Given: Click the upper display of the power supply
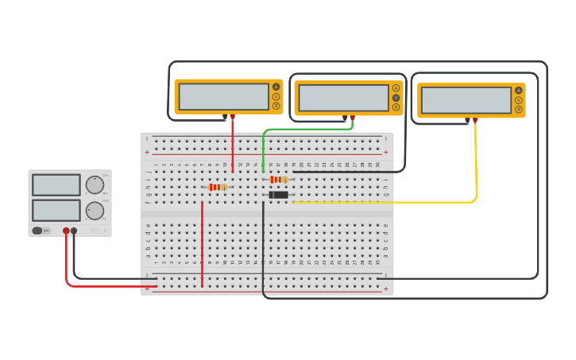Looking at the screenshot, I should [56, 185].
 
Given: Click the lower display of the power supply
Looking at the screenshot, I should [56, 211].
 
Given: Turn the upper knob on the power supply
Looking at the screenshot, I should [95, 185].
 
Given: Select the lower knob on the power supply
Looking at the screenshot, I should [95, 211].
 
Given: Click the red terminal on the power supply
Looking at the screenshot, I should [66, 230].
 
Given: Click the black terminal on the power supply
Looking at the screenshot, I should [74, 230].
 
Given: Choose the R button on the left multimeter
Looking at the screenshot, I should [276, 106].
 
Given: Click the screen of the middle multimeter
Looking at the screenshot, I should [343, 98].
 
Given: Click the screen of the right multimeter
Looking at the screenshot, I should [466, 100].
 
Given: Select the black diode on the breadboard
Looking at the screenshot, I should [278, 195].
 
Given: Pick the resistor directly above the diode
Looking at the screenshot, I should [278, 180].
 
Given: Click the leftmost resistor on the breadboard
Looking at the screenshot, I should [217, 188].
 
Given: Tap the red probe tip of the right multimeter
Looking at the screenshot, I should [475, 121].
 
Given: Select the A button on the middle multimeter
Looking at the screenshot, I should [396, 88].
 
